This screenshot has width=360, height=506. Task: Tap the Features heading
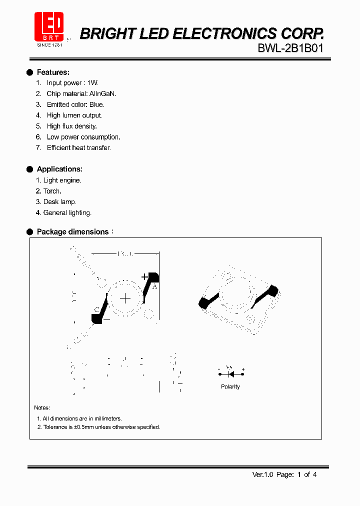click(x=53, y=72)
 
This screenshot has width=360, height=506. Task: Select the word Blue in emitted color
click(x=96, y=104)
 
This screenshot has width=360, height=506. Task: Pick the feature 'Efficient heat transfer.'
click(x=78, y=148)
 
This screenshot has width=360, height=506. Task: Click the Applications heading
click(x=59, y=169)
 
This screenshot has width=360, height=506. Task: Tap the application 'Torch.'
click(x=52, y=191)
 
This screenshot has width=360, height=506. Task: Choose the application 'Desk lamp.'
click(x=59, y=202)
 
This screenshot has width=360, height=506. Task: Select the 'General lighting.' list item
click(x=67, y=213)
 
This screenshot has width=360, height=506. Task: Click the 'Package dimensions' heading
click(x=72, y=232)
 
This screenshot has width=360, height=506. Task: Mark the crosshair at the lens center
click(x=125, y=299)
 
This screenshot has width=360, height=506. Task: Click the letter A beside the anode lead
click(x=154, y=286)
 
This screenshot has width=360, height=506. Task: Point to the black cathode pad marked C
click(x=96, y=318)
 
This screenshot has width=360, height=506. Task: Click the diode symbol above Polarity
click(x=231, y=373)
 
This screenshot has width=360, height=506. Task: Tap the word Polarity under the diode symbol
click(x=230, y=387)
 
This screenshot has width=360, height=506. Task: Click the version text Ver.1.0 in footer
click(x=262, y=474)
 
